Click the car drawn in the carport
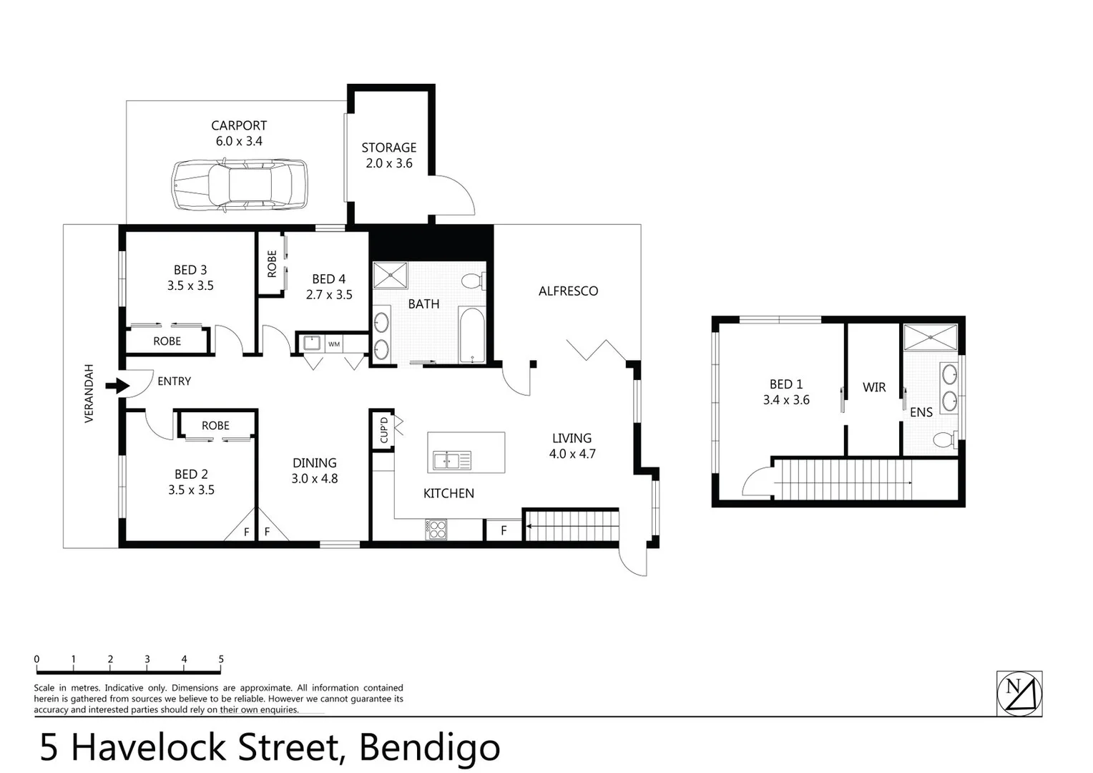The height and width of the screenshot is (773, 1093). pos(239,185)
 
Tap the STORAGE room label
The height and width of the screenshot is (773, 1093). pos(388,147)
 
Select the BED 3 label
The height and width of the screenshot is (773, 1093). pos(190,270)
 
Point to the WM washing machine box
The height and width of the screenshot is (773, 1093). pos(334,344)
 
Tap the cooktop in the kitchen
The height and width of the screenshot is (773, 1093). pos(436,530)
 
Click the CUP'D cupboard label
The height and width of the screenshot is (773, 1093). pos(383,429)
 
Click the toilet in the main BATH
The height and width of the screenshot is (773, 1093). pos(472,281)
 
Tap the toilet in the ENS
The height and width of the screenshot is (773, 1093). pos(943,439)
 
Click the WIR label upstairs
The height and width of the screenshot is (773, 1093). pos(874,387)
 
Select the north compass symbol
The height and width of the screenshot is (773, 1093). pos(1019,693)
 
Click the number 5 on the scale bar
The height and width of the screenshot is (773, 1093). pos(221,659)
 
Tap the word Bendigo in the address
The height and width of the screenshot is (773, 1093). pos(429,747)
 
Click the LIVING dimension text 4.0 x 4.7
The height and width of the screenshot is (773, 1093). pos(572,454)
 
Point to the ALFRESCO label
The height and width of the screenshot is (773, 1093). pos(568,291)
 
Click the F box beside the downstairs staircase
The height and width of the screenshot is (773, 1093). pos(504,530)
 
